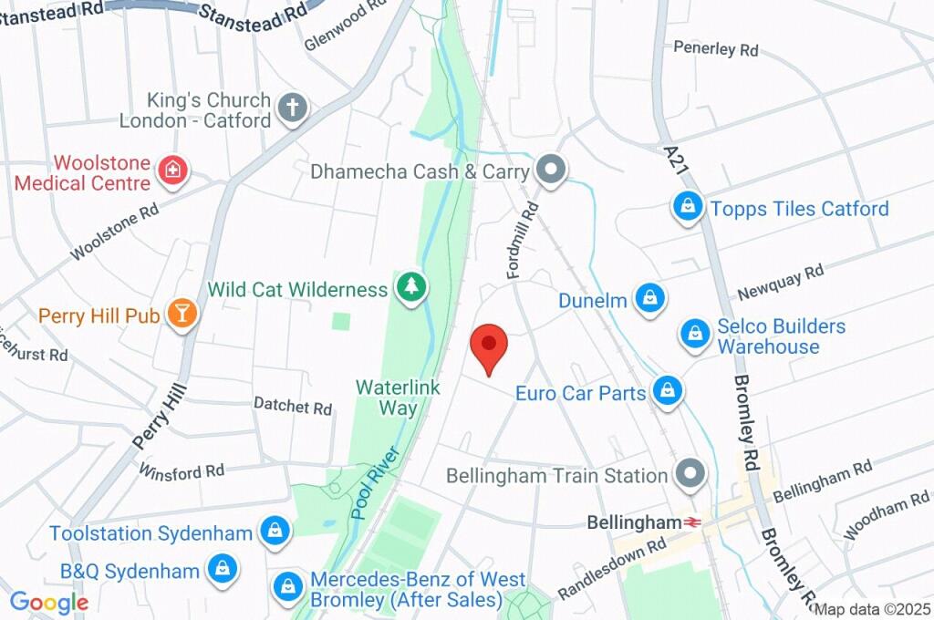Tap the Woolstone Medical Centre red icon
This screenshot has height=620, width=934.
[x=171, y=170]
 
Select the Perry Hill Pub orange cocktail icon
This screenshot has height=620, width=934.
[x=182, y=314]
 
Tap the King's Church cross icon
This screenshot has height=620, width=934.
[x=293, y=107]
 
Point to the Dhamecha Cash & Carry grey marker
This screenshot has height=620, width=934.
[x=551, y=169]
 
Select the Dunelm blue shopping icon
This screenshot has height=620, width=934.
[x=650, y=296]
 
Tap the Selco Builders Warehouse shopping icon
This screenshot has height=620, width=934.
[x=695, y=334]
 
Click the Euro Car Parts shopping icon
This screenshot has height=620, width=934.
[x=668, y=391]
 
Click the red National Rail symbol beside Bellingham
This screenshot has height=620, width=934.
[x=694, y=522]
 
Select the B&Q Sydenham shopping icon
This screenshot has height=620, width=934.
[x=221, y=570]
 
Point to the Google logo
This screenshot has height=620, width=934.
[x=49, y=602]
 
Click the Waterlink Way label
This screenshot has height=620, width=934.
[x=398, y=398]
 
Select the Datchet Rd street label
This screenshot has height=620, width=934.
[x=293, y=406]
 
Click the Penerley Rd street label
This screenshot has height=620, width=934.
[x=716, y=48]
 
